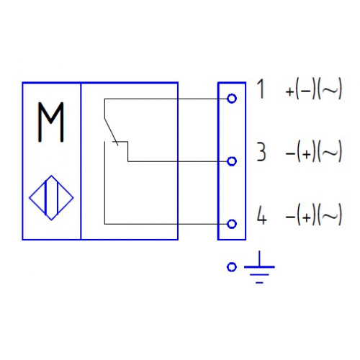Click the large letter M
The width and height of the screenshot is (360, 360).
pos(51,122)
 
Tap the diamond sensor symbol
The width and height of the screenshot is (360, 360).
pos(51,198)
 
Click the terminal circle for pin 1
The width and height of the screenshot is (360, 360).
pos(232,99)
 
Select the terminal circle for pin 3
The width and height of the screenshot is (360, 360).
pos(232,161)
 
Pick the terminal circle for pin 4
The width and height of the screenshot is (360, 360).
pos(232,224)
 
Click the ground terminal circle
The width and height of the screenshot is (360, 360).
pos(232,267)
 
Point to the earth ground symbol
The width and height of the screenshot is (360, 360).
pos(259,267)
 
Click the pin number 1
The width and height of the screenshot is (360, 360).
pos(261,89)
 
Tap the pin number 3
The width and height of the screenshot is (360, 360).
pos(261,152)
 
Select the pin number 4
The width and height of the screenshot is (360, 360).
pos(261,215)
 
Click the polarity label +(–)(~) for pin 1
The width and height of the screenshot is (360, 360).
pos(314,89)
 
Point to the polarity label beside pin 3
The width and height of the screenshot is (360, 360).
pos(314,152)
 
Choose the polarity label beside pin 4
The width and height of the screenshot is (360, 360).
pos(314,215)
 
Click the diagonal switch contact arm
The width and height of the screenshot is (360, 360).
pos(111,132)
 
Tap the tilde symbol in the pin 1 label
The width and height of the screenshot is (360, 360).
pos(330,89)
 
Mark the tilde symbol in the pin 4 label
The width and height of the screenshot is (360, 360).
pos(330,215)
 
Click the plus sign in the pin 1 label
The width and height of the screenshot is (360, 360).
pos(289,91)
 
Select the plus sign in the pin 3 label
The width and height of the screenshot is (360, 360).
pos(306,154)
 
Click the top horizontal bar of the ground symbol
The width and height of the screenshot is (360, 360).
pos(259,266)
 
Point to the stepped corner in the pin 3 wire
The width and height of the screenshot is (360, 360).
pos(127,142)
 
